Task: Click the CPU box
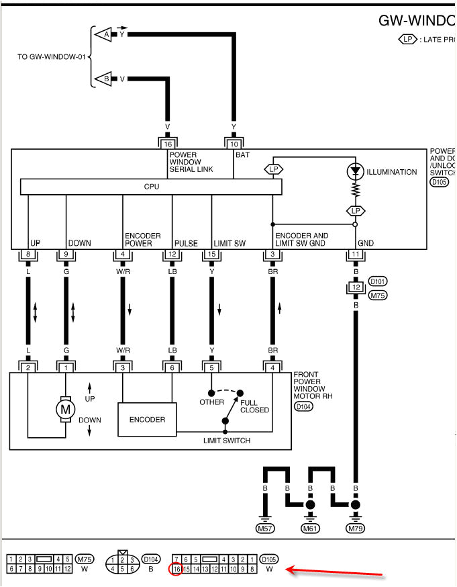[x=152, y=187]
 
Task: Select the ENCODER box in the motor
[x=147, y=419]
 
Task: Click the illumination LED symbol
[x=355, y=172]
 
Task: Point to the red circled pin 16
[x=176, y=569]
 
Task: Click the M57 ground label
[x=266, y=529]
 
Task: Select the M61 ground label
[x=311, y=529]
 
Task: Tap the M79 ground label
[x=356, y=529]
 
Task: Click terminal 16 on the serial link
[x=167, y=144]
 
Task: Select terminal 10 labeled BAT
[x=234, y=144]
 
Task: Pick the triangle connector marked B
[x=103, y=79]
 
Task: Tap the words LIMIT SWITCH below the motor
[x=227, y=441]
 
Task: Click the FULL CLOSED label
[x=254, y=406]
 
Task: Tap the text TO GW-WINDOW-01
[x=52, y=57]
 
